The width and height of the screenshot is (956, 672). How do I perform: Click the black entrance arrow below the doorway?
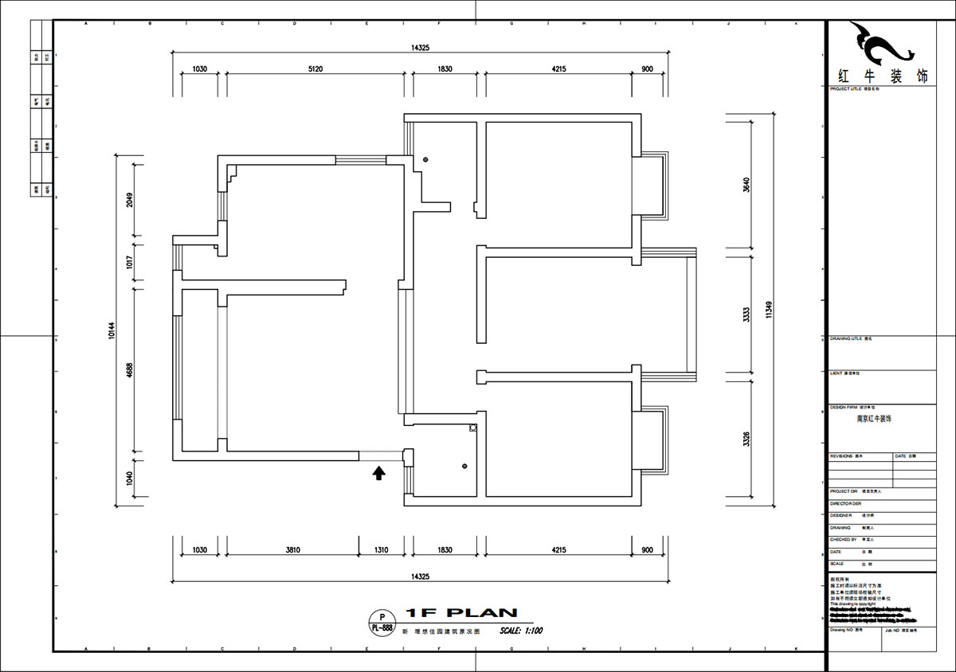(x=379, y=474)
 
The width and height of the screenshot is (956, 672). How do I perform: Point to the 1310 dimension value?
(x=381, y=549)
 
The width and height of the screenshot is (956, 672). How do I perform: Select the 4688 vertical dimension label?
(x=129, y=370)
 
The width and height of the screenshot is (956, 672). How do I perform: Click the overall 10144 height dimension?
(x=111, y=331)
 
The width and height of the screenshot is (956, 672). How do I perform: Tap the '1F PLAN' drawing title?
(x=462, y=613)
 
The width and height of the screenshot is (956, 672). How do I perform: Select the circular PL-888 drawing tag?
(x=382, y=622)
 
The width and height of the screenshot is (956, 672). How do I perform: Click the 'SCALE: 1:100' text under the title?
(x=522, y=631)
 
